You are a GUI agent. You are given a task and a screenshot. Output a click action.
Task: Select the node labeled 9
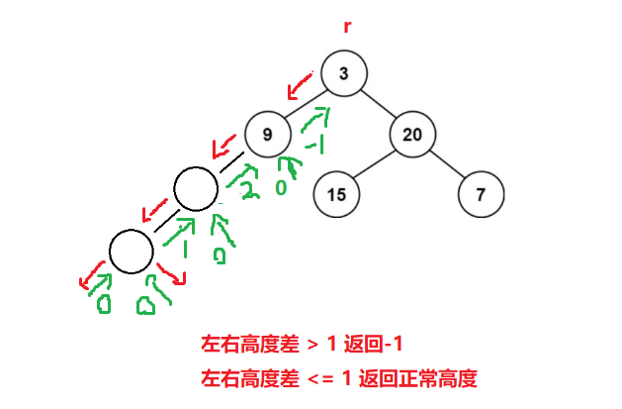pos(267,134)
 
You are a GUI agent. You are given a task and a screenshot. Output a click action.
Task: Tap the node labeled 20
pos(412,134)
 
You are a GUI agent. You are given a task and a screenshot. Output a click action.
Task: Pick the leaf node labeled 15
pos(336,194)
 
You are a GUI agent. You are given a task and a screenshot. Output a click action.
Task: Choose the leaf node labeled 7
pos(481,194)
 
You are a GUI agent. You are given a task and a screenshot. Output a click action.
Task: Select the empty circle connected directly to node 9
pos(195,188)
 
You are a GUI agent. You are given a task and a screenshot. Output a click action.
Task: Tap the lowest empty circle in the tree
pos(132,251)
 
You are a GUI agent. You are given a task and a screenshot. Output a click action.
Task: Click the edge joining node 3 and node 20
pos(379,104)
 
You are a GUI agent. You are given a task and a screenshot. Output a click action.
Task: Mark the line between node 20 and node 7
pos(447,164)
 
